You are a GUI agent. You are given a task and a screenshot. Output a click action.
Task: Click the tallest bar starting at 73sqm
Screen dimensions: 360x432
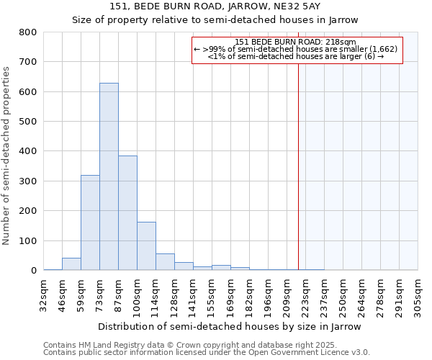(x=109, y=176)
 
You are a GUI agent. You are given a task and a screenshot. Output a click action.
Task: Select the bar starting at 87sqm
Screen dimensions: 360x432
(x=127, y=213)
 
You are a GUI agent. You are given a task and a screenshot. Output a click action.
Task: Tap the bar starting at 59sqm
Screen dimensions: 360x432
(x=90, y=222)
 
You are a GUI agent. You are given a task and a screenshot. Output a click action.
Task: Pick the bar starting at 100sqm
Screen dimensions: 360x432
(x=146, y=246)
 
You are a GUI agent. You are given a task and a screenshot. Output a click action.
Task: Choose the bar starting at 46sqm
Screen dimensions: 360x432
(x=71, y=264)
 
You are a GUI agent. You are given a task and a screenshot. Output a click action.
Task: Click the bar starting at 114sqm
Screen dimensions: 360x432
(x=165, y=262)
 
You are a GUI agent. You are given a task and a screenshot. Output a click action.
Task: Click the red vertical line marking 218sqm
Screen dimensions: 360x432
(x=298, y=158)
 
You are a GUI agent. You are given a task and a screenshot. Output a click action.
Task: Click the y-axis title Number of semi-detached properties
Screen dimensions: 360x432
(x=7, y=156)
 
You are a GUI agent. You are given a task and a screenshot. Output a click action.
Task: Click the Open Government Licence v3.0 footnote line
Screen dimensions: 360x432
(x=207, y=353)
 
